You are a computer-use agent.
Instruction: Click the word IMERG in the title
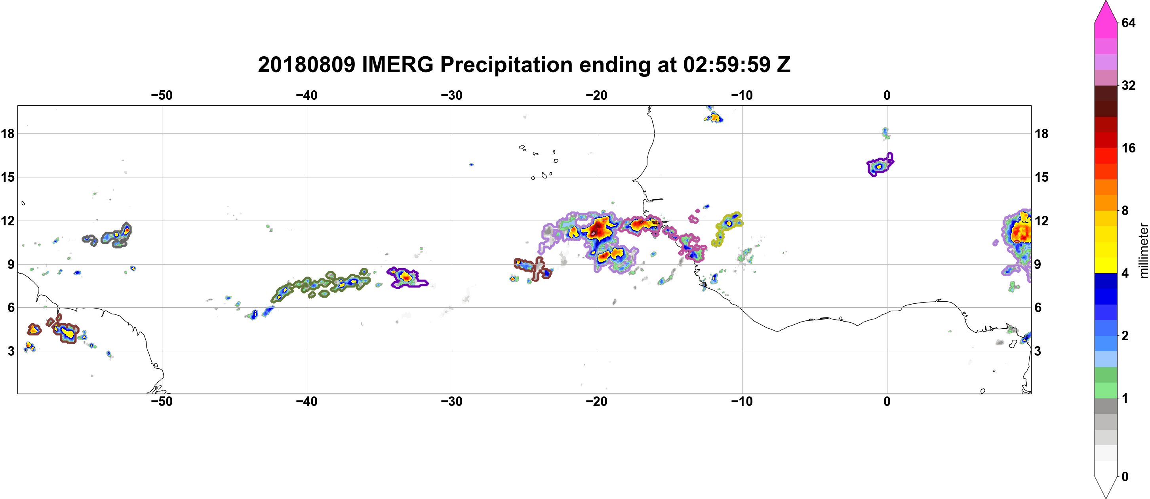click(397, 65)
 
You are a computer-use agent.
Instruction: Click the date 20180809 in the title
click(306, 65)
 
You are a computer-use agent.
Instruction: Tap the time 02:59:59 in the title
click(726, 65)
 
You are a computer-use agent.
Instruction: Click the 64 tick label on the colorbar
click(1129, 23)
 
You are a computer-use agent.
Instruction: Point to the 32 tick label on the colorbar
click(1129, 85)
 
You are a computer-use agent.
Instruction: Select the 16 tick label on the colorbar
click(1129, 148)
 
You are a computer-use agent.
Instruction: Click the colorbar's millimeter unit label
click(1143, 250)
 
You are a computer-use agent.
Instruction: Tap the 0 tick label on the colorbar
click(1125, 477)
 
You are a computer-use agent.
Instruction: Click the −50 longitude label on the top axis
click(162, 95)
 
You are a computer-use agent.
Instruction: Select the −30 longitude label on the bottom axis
click(452, 401)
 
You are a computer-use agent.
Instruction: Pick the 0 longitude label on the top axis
click(887, 95)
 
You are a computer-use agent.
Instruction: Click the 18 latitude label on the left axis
click(8, 133)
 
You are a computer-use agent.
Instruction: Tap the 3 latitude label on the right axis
click(1038, 351)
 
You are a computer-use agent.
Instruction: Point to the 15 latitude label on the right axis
click(1041, 177)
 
